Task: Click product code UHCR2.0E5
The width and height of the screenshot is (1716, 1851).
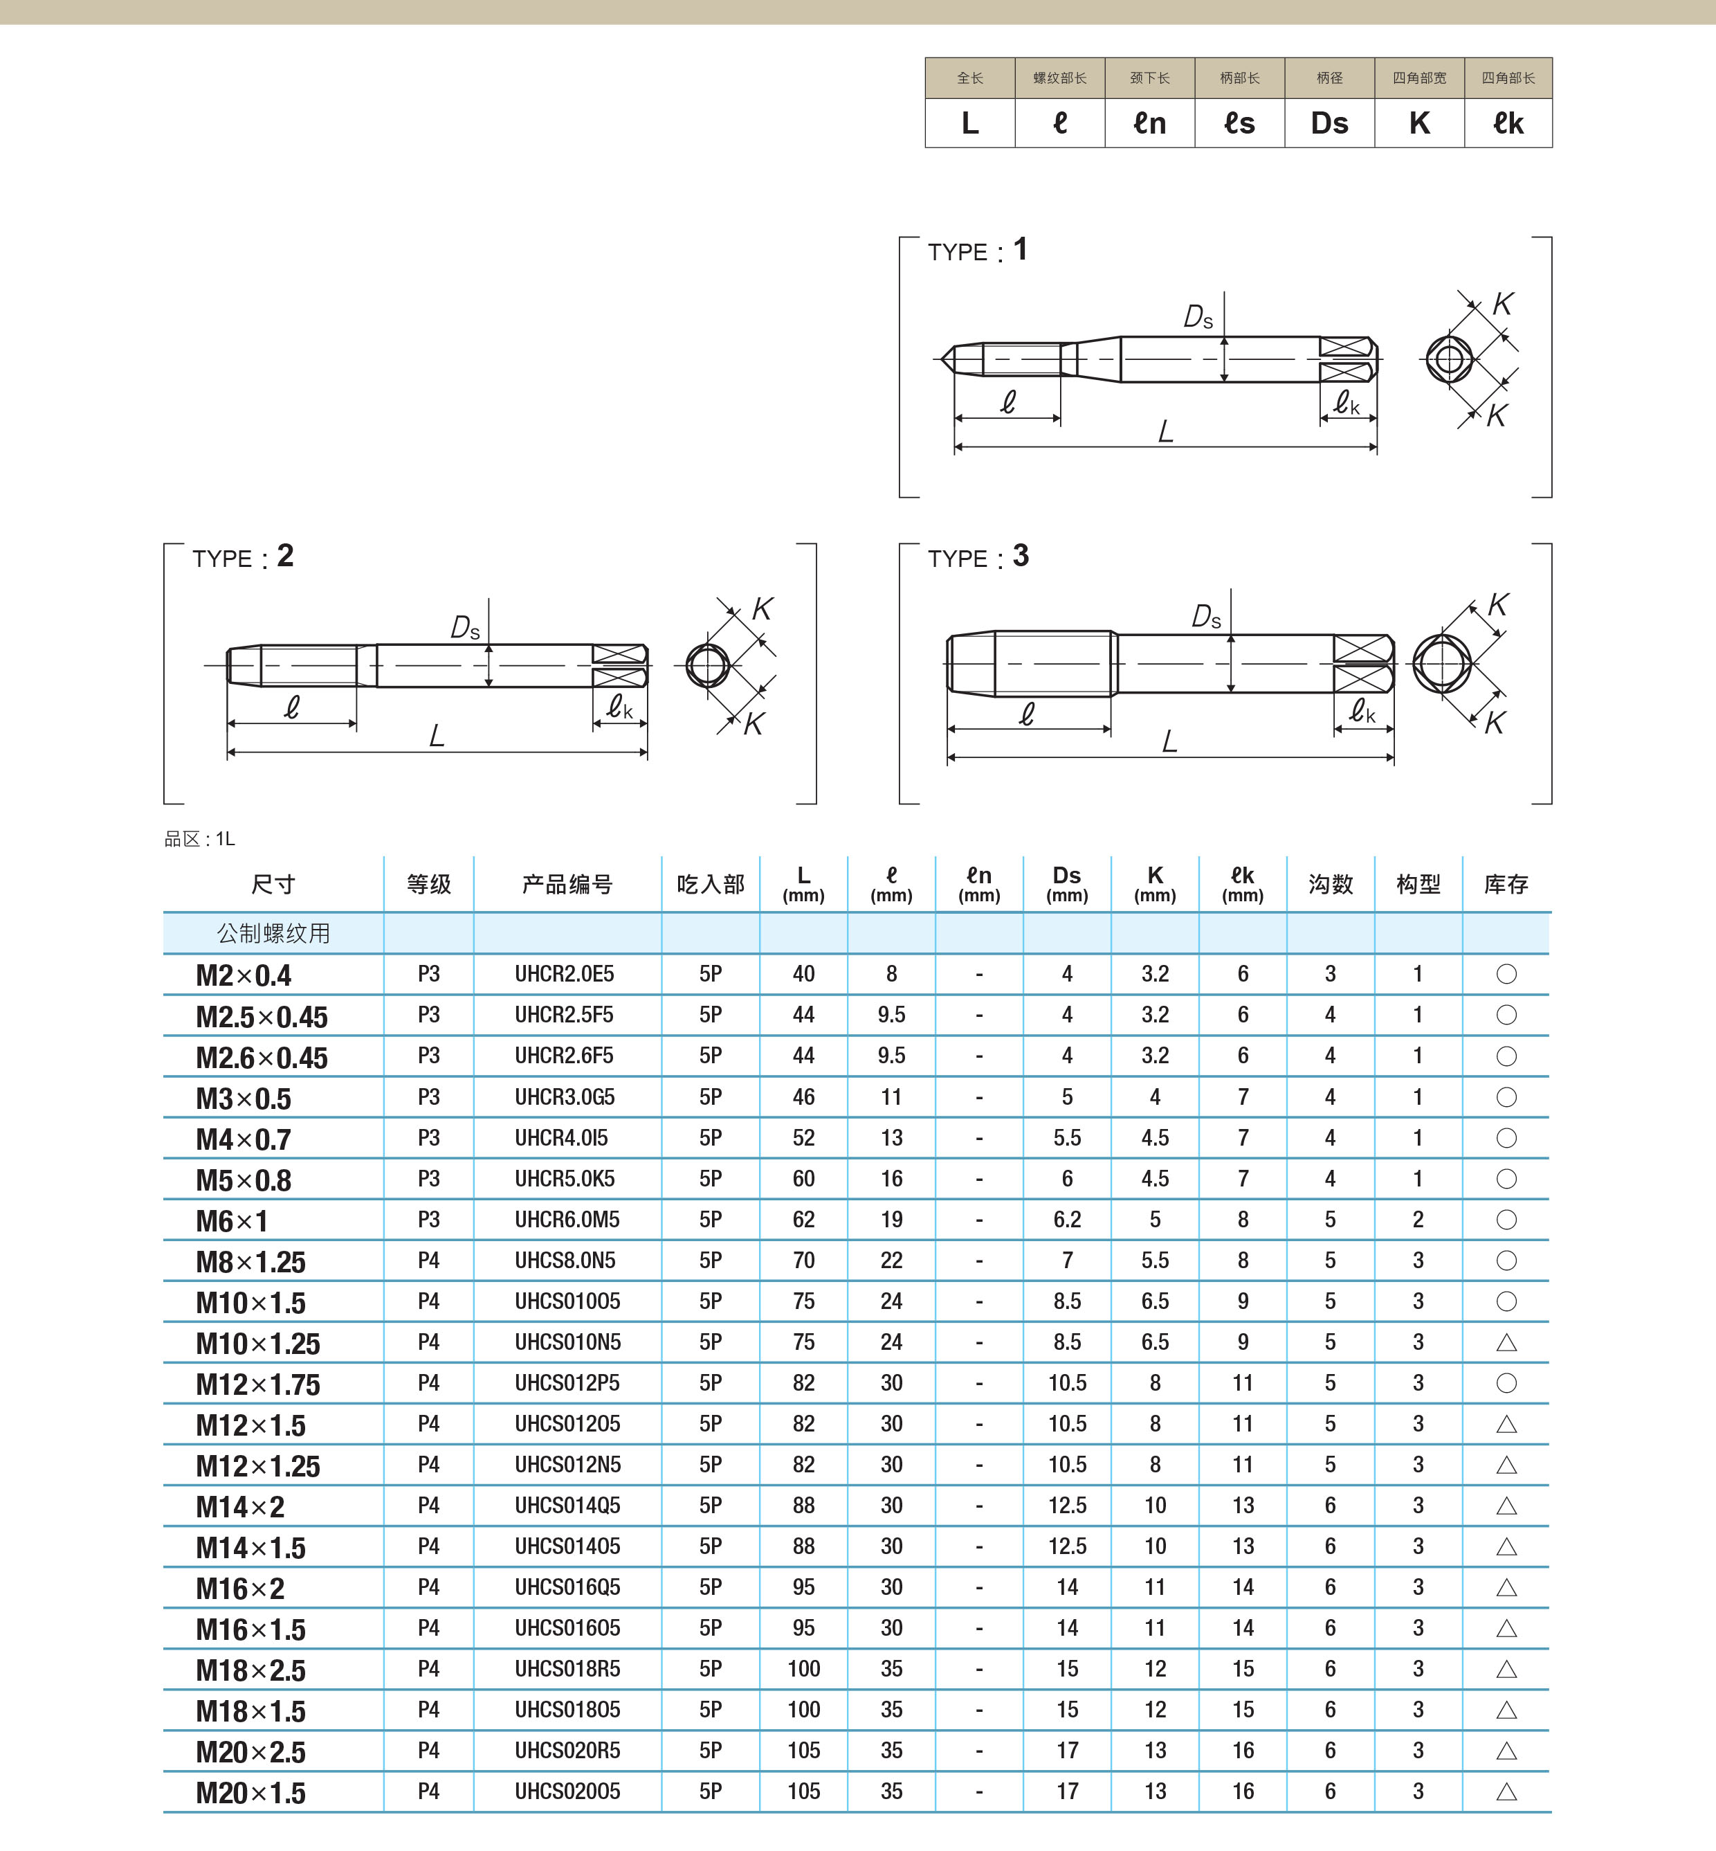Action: [564, 973]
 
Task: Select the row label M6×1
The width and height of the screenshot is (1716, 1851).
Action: [231, 1220]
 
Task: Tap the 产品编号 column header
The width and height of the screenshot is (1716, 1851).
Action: [567, 884]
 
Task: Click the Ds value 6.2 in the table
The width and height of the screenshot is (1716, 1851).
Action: [1067, 1220]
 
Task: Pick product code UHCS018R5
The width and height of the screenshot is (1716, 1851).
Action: [567, 1669]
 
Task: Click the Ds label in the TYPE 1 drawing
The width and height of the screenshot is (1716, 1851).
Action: [1198, 318]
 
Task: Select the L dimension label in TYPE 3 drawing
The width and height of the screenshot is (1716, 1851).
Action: [1169, 741]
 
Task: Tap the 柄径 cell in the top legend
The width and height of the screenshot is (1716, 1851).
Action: [1329, 78]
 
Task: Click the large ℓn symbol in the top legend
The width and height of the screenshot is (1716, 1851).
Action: [1149, 123]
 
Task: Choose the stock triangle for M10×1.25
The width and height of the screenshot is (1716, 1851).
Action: [1506, 1342]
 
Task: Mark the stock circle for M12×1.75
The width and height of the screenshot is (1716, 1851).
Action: [1506, 1383]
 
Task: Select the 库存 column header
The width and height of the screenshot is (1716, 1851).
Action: [1505, 884]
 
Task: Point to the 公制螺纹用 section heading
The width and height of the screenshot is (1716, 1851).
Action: [273, 933]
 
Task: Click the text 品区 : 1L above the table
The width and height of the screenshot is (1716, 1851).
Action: [200, 839]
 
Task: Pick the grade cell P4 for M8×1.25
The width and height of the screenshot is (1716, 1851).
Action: [428, 1261]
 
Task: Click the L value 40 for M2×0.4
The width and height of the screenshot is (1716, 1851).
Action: [803, 973]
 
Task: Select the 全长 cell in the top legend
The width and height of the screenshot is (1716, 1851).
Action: [969, 78]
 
